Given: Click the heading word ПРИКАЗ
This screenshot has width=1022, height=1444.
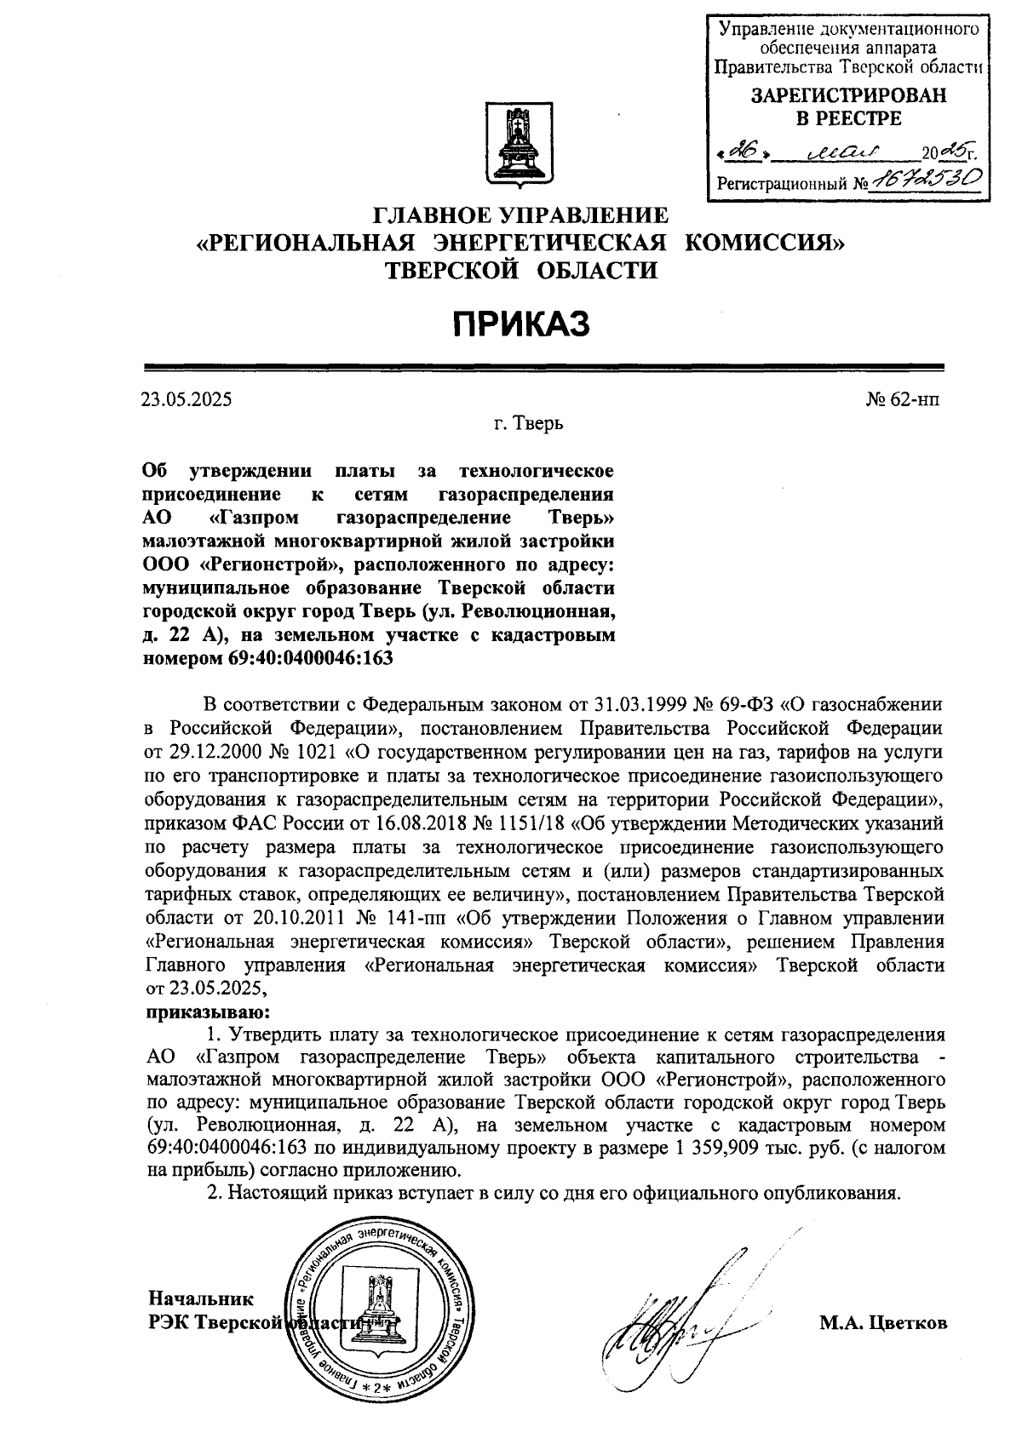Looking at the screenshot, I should tap(520, 324).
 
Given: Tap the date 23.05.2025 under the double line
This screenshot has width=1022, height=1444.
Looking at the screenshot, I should tap(187, 398).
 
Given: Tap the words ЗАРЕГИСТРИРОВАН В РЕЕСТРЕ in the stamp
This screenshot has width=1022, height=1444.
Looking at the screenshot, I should tap(847, 107).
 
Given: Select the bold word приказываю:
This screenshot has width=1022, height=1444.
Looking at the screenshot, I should tap(208, 1012).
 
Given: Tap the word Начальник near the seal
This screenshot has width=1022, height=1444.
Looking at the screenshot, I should tap(201, 1298).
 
